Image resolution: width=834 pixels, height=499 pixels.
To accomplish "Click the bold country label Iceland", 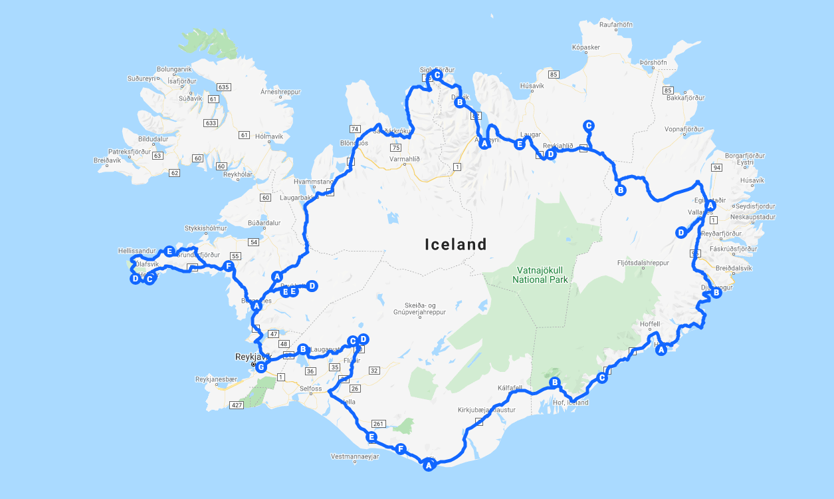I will pos(456,245).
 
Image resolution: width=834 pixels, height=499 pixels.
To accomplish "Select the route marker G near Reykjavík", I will pos(261,367).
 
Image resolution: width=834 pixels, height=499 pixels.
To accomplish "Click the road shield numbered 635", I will pos(223,87).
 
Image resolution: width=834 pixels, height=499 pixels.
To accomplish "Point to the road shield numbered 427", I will pos(236,405).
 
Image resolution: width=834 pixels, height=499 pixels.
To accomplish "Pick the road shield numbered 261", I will pos(379,423).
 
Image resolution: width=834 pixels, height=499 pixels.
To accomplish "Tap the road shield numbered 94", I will pos(715,168).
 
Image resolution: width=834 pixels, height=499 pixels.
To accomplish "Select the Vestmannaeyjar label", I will pos(354,457).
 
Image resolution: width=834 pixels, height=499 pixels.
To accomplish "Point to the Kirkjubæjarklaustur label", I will pos(486,410).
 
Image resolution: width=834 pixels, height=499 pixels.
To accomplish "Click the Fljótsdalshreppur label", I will pos(643,263).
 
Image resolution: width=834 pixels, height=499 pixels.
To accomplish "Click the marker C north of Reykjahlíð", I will pos(587,126).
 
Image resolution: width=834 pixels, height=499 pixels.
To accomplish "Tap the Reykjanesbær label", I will pos(216,379).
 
